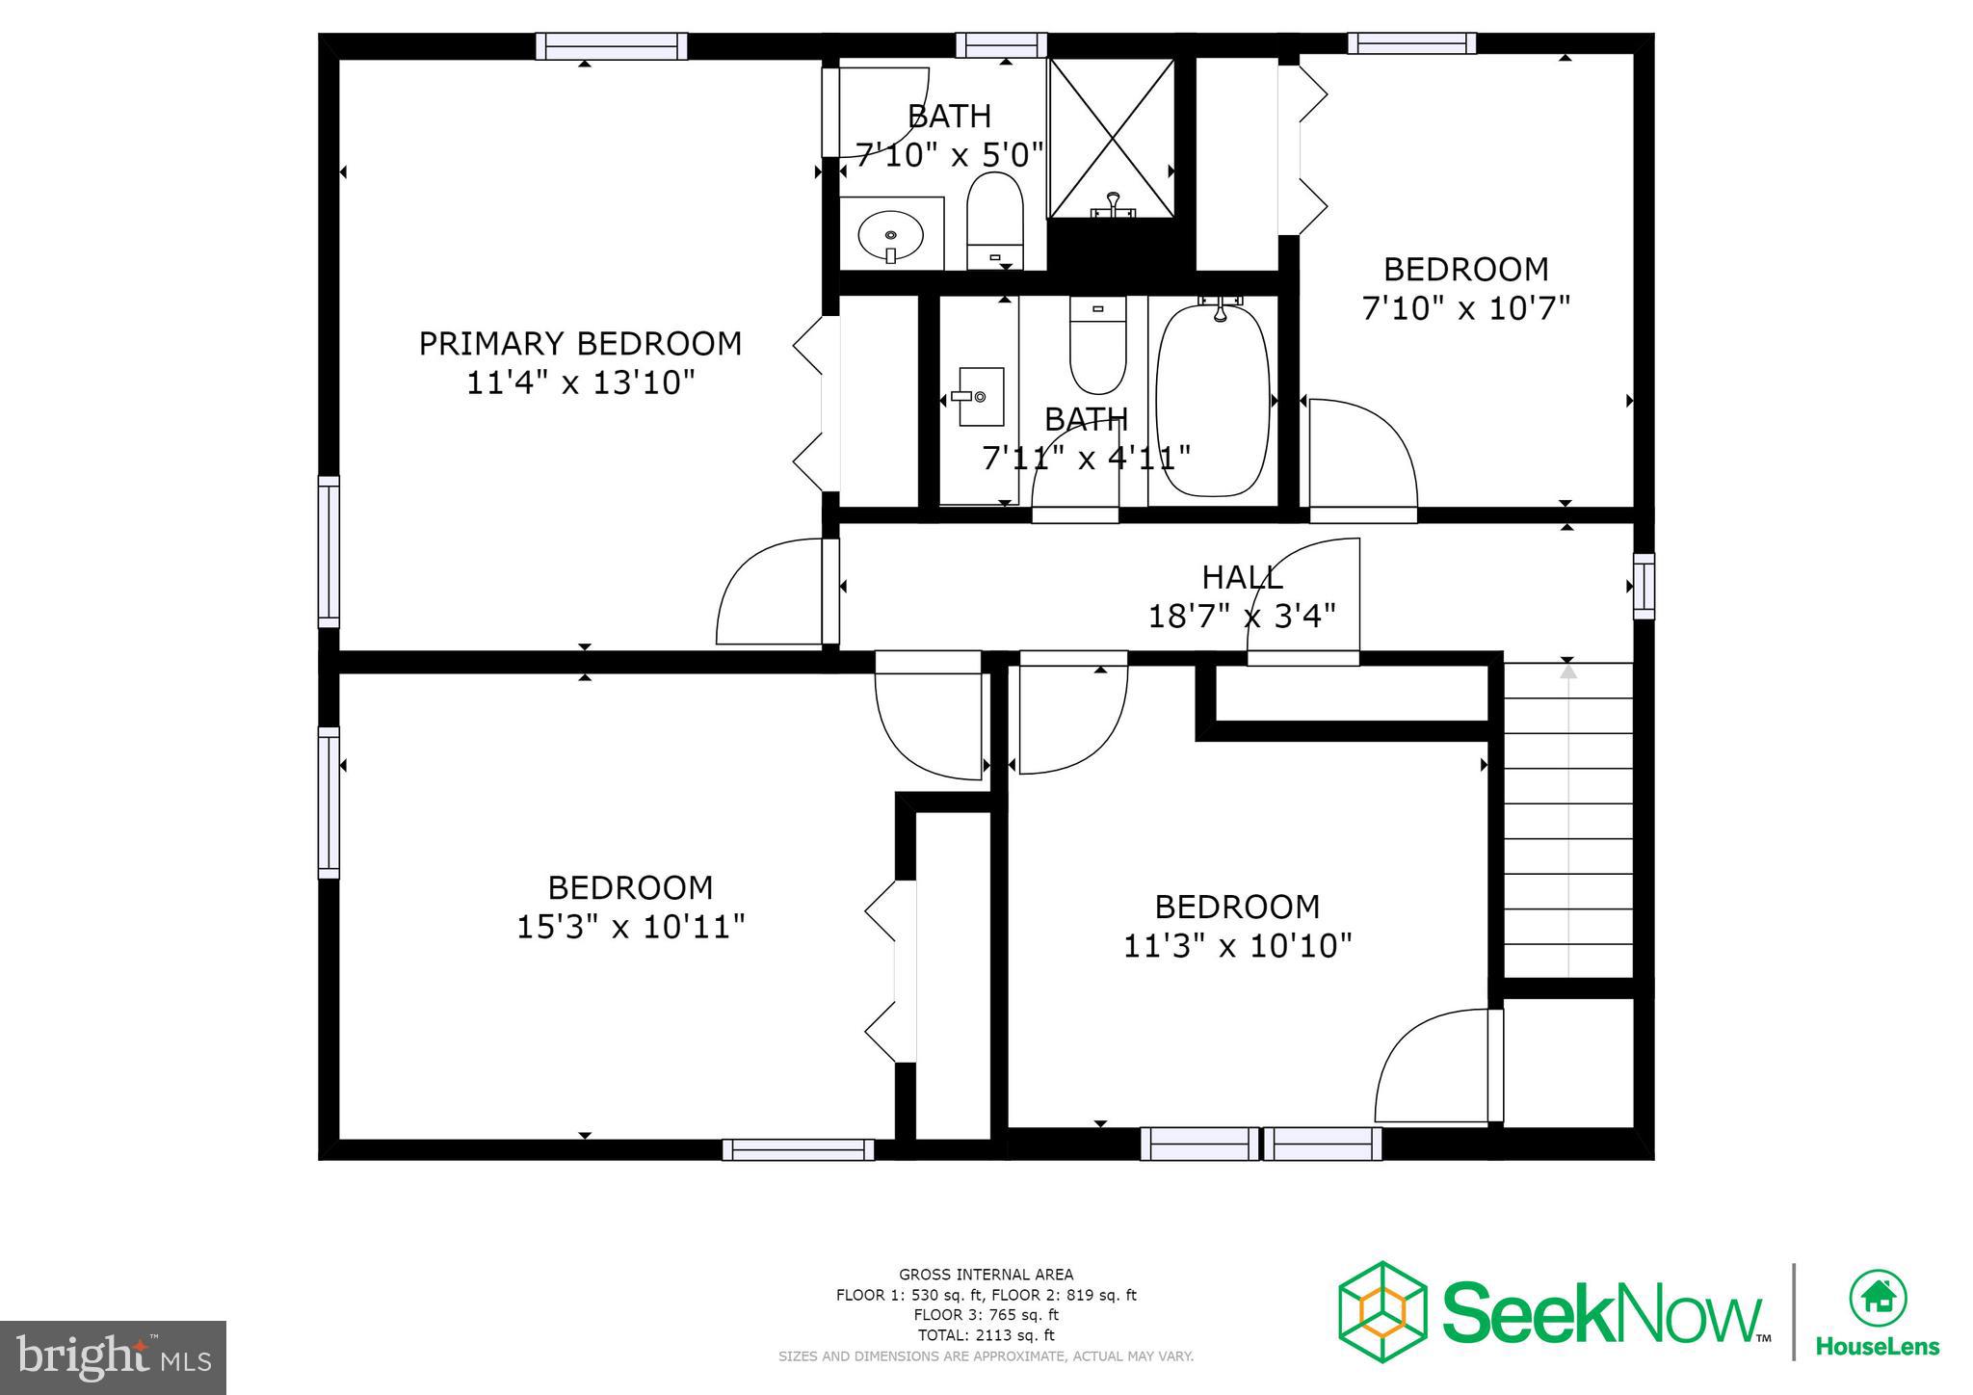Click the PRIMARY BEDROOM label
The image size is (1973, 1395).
pos(580,343)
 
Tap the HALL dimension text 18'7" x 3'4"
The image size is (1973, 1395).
pos(1241,616)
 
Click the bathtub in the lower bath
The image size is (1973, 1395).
pos(1213,402)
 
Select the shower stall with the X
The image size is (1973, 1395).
pos(1111,138)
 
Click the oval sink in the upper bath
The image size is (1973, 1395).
pos(890,234)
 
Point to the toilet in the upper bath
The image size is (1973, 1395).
pos(994,220)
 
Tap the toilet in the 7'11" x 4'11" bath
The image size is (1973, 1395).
pos(1097,345)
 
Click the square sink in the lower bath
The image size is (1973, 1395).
pos(980,396)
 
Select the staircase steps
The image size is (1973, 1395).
pos(1567,820)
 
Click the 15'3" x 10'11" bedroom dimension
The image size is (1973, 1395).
pos(630,927)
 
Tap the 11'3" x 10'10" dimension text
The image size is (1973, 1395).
pos(1237,946)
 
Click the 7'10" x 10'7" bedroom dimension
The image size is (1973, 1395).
pos(1465,308)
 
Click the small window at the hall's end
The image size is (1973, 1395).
pos(1643,586)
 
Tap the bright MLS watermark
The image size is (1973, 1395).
pos(114,1357)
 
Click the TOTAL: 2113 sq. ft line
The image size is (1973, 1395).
pos(986,1335)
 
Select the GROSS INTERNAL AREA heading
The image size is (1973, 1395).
pos(986,1275)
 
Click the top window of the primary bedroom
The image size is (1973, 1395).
pos(611,46)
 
